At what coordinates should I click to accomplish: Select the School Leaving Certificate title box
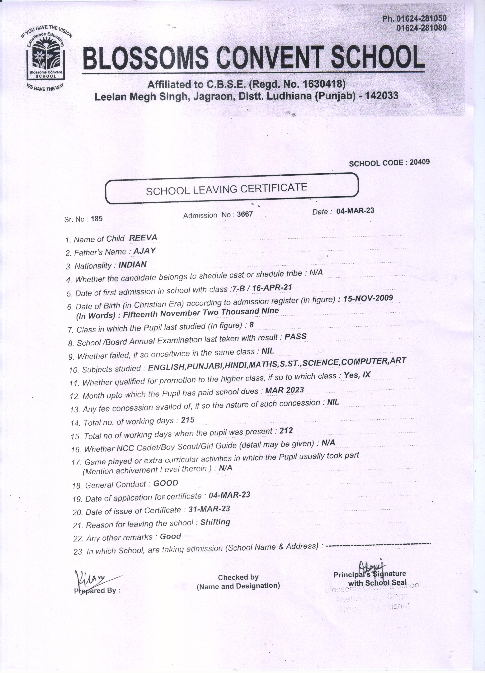[232, 188]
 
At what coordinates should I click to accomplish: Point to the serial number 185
[97, 219]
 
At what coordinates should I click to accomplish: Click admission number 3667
[245, 214]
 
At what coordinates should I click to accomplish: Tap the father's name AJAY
[144, 251]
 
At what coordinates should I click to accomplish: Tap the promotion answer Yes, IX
[357, 375]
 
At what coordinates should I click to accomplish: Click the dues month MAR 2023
[285, 390]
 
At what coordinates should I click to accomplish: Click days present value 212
[286, 431]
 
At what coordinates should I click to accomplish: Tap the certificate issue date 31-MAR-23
[209, 509]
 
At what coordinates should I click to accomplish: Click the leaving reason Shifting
[215, 522]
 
